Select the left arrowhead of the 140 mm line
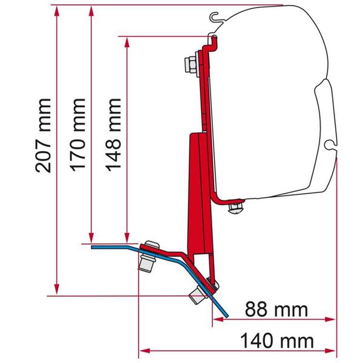pyautogui.click(x=144, y=349)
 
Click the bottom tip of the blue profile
pyautogui.click(x=226, y=315)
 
